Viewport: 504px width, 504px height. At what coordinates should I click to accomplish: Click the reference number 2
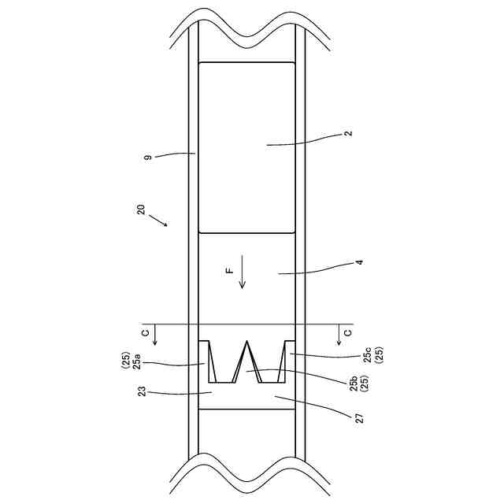point(350,133)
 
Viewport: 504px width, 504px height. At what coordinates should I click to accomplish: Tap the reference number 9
point(148,157)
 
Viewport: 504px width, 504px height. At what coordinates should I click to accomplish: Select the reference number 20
point(141,209)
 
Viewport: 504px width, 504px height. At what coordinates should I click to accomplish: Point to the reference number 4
point(360,262)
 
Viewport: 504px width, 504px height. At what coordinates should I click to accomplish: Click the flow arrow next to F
point(242,272)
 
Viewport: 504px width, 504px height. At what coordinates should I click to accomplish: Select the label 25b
point(354,384)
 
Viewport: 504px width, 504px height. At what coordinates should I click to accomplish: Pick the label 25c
point(368,355)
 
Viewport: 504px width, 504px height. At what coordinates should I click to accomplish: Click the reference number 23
point(142,391)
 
